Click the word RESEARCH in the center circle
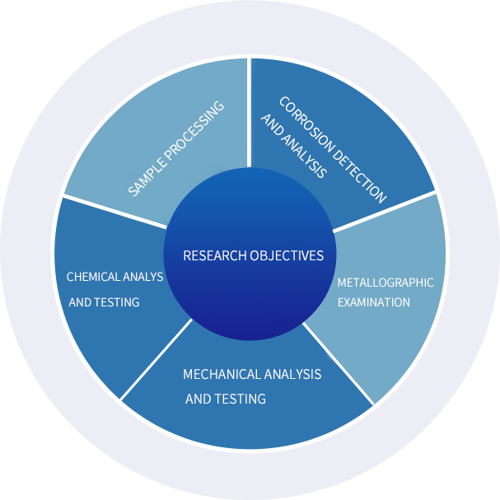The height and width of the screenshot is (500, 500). point(210,255)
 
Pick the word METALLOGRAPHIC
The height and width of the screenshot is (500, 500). point(386,283)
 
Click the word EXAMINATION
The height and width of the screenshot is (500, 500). point(374,302)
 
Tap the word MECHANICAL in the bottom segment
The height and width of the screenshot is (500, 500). point(217,375)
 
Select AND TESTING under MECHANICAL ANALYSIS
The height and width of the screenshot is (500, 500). point(226,400)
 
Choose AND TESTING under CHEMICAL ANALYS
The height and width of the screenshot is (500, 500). point(104,302)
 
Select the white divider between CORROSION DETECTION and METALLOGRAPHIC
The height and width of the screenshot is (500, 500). point(383,212)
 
